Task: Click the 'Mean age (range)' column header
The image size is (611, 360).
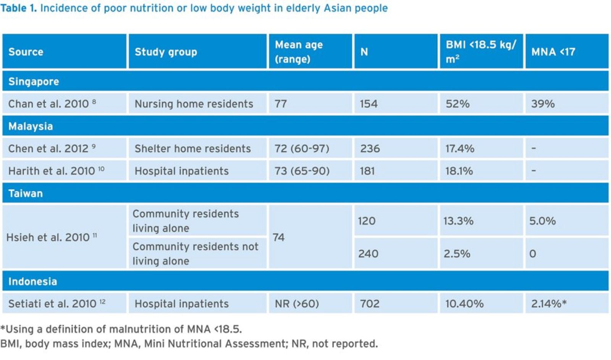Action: click(x=299, y=52)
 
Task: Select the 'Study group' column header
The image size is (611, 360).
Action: click(x=166, y=52)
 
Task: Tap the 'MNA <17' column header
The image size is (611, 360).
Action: click(x=553, y=52)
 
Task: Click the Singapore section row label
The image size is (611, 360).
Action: click(x=34, y=81)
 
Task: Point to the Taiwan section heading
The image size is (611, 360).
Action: click(x=26, y=193)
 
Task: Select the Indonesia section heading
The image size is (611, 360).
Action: click(x=32, y=281)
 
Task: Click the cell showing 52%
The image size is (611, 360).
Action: click(x=457, y=104)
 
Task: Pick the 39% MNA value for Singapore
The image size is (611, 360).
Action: click(x=543, y=104)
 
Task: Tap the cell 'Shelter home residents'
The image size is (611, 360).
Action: click(x=192, y=148)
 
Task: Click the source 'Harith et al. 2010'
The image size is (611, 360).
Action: click(x=52, y=171)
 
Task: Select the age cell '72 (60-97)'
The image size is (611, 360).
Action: click(x=302, y=148)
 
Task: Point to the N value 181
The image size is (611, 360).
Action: click(x=367, y=171)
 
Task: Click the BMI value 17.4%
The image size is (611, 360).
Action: click(x=460, y=148)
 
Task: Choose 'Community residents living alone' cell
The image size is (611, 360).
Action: click(x=186, y=221)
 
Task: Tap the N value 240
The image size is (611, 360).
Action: click(x=368, y=253)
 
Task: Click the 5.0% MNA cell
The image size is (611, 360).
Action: click(x=542, y=221)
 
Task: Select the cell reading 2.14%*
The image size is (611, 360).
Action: click(x=549, y=303)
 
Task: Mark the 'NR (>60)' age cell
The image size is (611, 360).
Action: click(x=297, y=303)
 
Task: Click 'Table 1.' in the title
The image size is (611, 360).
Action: click(x=18, y=8)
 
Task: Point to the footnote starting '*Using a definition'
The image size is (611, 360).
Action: click(x=121, y=329)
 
